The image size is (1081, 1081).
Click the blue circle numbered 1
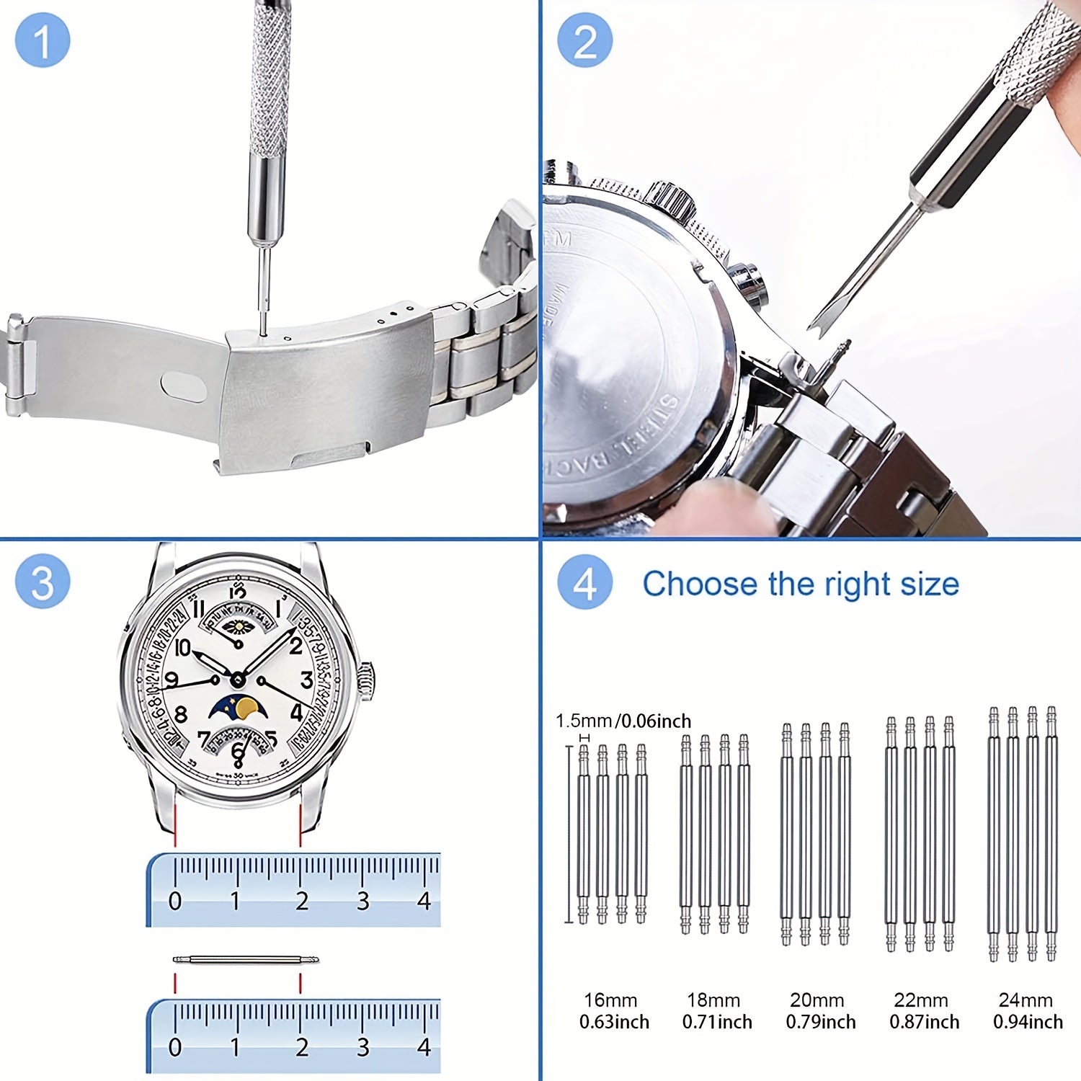coord(43,40)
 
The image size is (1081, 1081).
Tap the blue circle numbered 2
coord(584,40)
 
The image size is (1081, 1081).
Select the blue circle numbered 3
coord(43,582)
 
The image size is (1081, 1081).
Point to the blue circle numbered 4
coord(584,582)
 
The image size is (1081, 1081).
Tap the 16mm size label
coord(610,1000)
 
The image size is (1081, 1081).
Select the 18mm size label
coord(713,1000)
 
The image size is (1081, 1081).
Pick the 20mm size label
coord(817,1000)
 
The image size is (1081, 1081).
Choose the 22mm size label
coord(921,1000)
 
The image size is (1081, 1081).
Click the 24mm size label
coord(1026,1000)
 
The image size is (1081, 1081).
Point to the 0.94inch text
coord(1028,1022)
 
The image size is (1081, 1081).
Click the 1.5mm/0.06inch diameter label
coord(623,721)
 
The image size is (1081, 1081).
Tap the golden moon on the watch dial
coord(248,708)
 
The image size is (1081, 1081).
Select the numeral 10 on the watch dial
coord(182,648)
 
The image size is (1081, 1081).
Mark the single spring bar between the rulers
coord(245,959)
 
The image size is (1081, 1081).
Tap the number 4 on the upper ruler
coord(424,901)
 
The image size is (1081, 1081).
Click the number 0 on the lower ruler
coord(175,1047)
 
